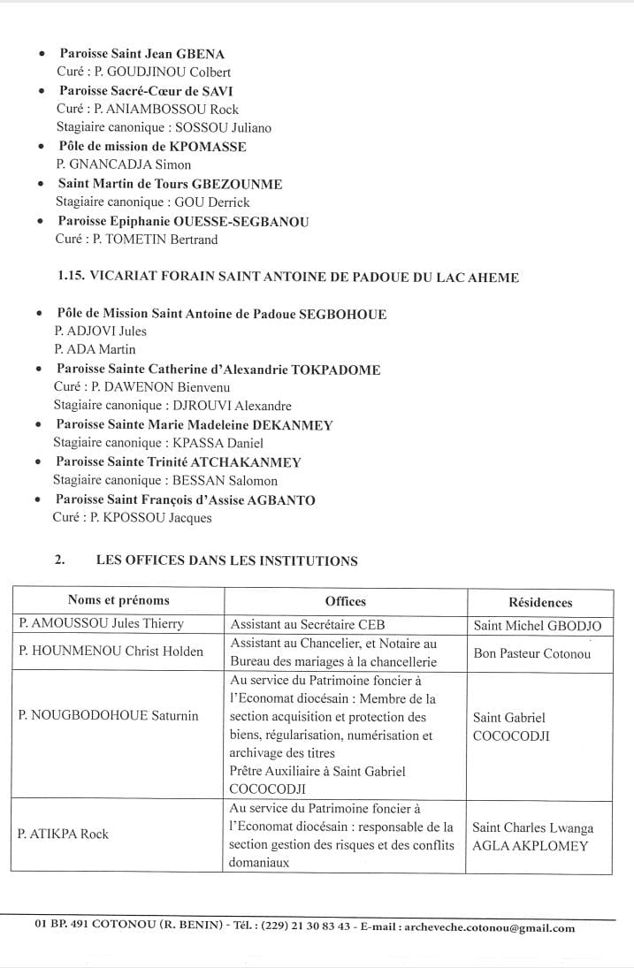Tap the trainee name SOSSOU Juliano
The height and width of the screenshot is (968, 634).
(x=232, y=127)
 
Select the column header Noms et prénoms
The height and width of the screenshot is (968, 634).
(x=118, y=600)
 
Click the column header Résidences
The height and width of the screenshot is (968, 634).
(x=540, y=602)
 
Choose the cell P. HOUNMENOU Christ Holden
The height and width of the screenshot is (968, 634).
(x=111, y=652)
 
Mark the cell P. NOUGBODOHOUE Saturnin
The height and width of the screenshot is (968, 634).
(x=108, y=715)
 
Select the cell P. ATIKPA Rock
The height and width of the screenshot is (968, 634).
(x=64, y=834)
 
